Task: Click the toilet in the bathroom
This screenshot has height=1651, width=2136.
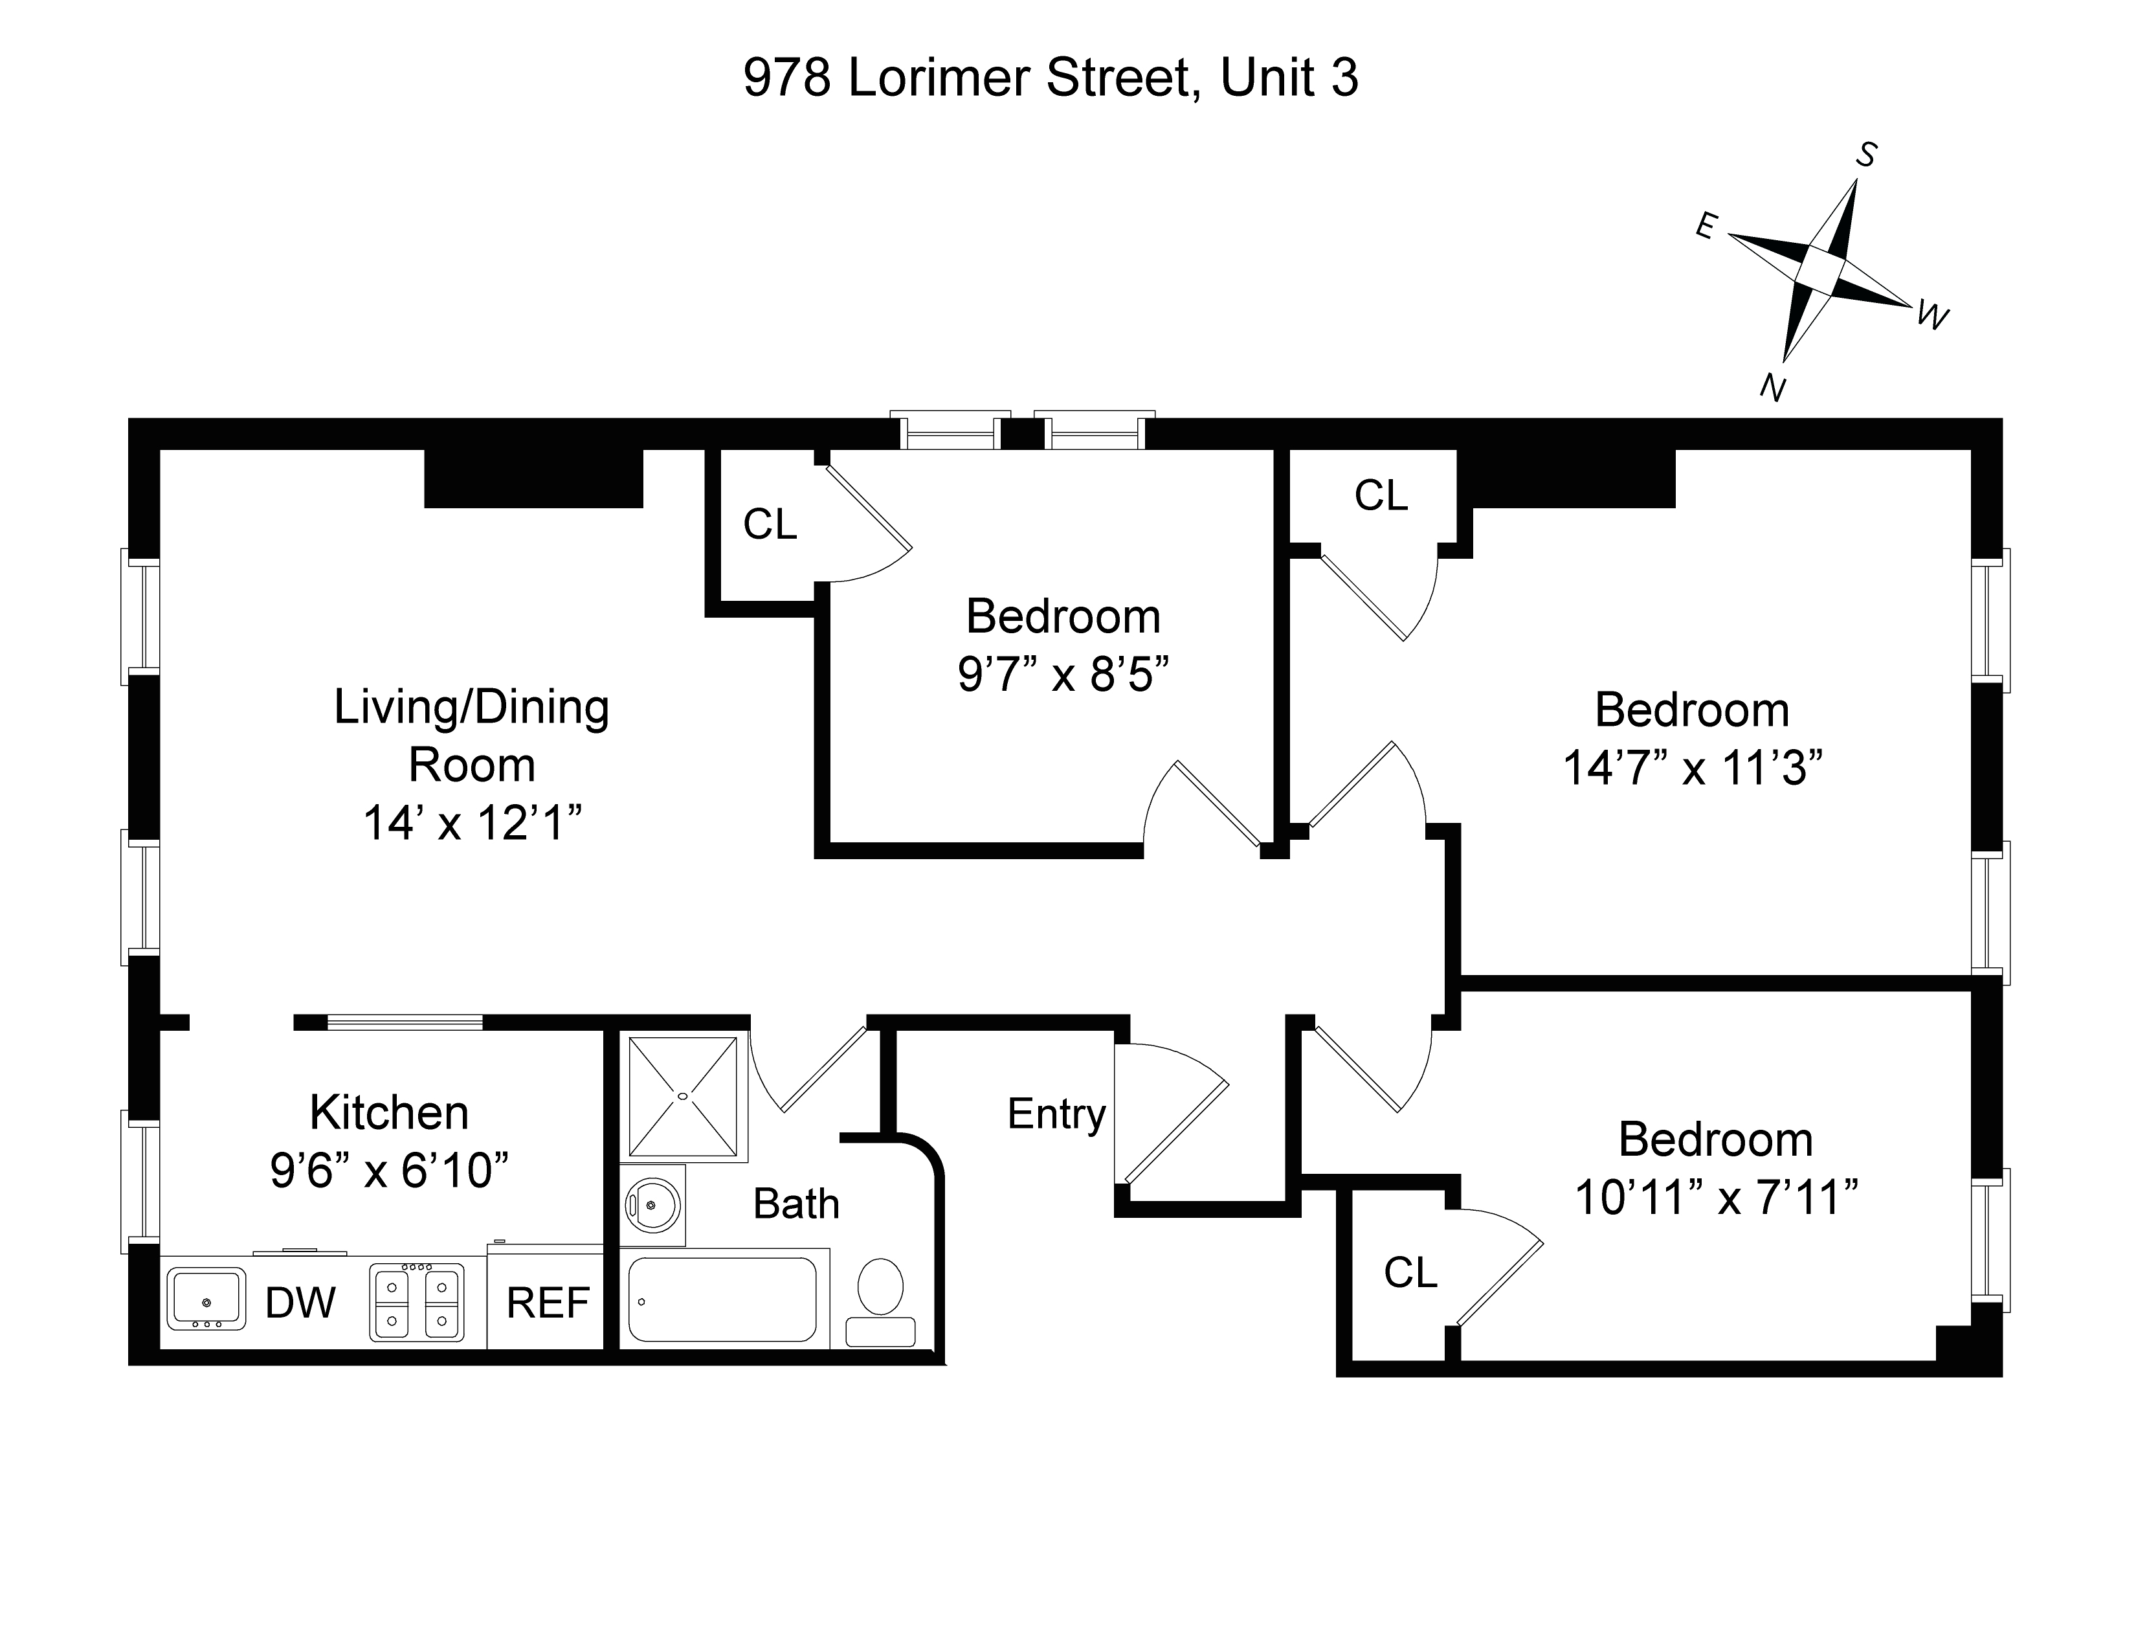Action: coord(880,1291)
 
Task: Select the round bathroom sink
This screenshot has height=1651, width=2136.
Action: coord(652,1205)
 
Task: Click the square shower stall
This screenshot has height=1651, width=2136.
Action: coord(683,1096)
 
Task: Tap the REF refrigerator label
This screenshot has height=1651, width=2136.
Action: coord(548,1303)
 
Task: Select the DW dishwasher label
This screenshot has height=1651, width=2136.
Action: coord(300,1303)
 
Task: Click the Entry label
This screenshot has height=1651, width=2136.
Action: coord(1056,1114)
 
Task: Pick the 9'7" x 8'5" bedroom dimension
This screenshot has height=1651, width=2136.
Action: coord(1063,674)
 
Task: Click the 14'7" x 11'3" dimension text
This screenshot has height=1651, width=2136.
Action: coord(1692,768)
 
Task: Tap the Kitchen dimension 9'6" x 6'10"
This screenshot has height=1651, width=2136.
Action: coord(389,1170)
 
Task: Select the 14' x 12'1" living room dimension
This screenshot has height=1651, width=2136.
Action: coord(473,822)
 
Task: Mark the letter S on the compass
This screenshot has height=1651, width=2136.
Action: coord(1866,155)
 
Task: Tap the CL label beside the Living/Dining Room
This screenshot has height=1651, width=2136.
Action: coord(770,524)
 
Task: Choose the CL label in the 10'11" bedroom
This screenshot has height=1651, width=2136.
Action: coord(1410,1272)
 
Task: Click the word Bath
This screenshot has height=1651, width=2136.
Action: coord(796,1204)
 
